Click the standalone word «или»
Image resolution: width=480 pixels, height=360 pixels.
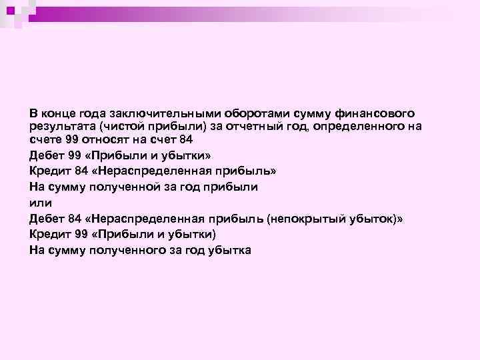[x=40, y=202]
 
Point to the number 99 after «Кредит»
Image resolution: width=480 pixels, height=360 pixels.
[x=81, y=234]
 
